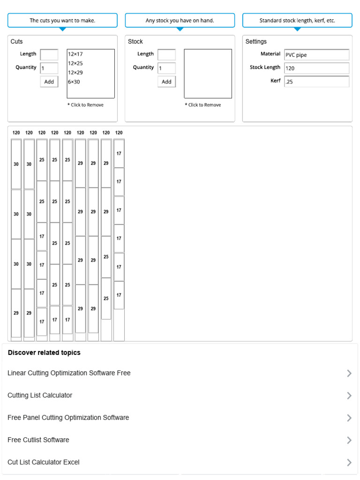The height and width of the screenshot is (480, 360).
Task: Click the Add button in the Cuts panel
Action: coord(49,82)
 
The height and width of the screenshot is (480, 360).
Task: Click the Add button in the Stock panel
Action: coord(166,82)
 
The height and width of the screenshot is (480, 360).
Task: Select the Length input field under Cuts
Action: coord(49,54)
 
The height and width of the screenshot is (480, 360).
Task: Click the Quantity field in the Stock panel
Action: coord(166,68)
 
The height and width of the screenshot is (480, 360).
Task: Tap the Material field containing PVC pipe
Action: coord(316,55)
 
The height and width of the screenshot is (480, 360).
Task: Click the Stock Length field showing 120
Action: coord(316,68)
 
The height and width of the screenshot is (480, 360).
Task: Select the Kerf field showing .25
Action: coord(316,82)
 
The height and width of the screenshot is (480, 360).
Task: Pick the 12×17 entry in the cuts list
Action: coord(75,54)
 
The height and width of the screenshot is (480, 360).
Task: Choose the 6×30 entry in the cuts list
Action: coord(74,82)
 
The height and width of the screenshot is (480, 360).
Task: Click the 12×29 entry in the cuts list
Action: coord(75,73)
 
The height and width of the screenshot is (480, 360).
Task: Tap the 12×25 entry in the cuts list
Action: coord(75,63)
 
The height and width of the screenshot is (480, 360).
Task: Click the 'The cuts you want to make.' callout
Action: coord(62,21)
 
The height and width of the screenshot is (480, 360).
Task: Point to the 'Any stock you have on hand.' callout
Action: coord(180,21)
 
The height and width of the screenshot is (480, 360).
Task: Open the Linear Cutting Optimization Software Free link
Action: coord(69,373)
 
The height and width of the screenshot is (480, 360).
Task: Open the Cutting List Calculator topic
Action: coord(40,396)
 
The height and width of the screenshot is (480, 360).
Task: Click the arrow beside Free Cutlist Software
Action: coord(349,440)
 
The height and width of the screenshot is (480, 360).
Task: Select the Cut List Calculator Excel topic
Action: coord(44,462)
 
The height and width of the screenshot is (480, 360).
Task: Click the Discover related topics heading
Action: coord(44,353)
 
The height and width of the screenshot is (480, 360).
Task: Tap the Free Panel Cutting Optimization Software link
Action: coord(68,418)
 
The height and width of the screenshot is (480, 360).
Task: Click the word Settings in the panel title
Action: coord(256,42)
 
